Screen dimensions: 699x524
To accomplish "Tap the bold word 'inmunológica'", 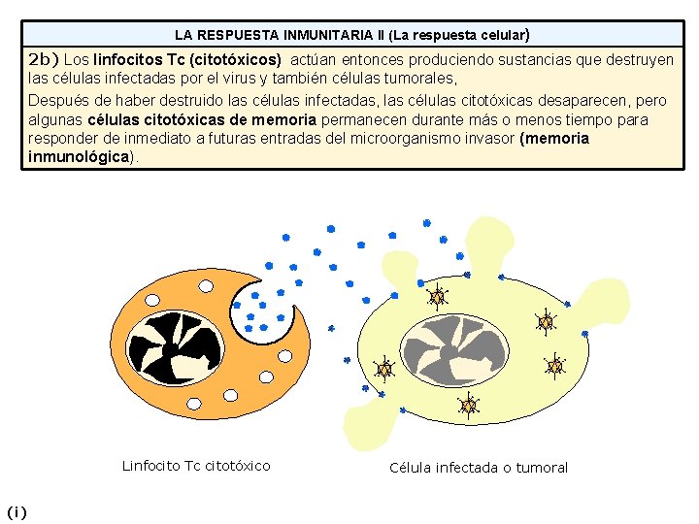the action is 79,156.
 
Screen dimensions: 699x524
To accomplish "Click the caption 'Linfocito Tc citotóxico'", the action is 196,466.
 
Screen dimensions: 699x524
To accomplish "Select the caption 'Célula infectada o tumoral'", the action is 478,468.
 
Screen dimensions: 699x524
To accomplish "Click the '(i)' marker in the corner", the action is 17,511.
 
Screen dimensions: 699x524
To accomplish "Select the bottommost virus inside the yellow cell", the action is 469,406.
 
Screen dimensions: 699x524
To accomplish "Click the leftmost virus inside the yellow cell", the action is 384,370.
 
